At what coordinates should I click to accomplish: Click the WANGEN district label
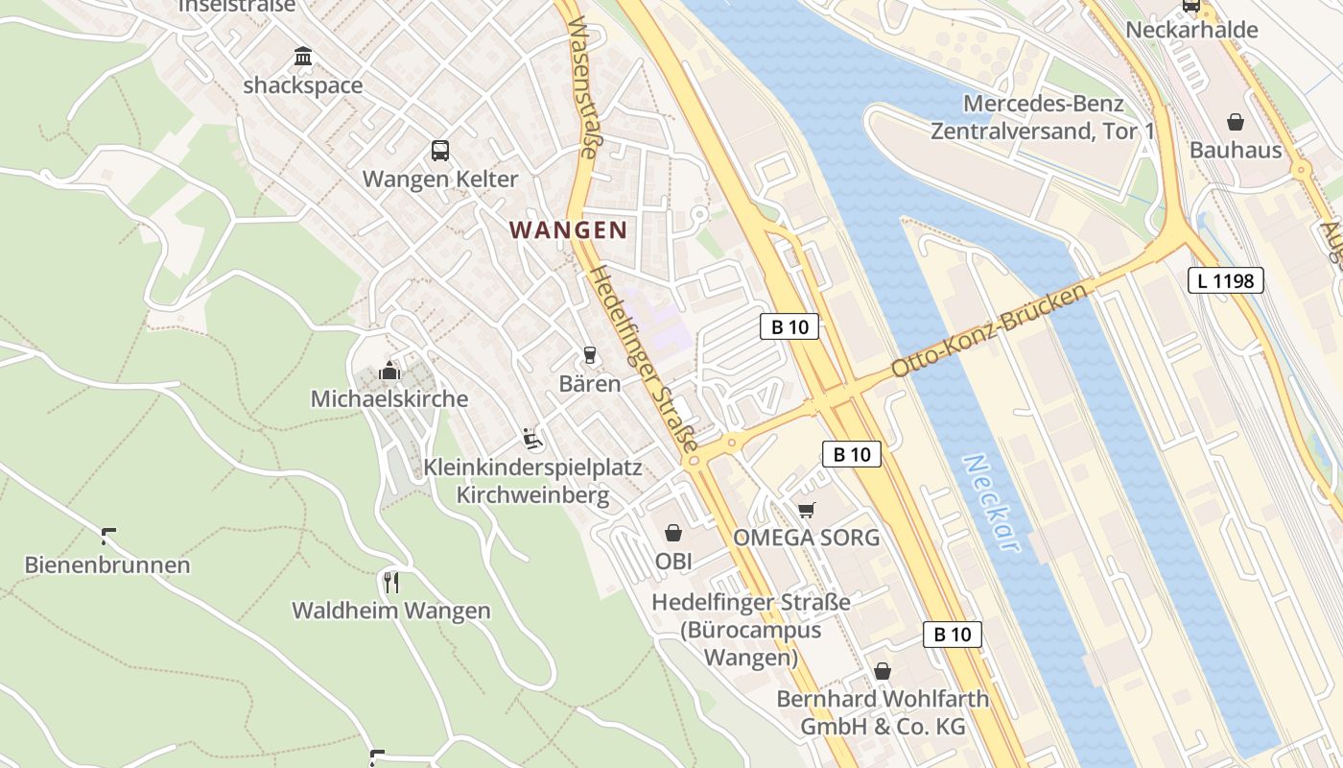(x=568, y=230)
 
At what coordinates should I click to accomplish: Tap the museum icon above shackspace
(x=303, y=57)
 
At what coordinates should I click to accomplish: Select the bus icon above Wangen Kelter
(x=440, y=150)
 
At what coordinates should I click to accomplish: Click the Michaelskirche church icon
(x=389, y=370)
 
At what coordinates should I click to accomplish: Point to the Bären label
(x=590, y=384)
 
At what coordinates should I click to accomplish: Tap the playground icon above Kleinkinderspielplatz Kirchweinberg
(x=533, y=439)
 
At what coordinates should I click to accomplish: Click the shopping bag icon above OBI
(x=673, y=533)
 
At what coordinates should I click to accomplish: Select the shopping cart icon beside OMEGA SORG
(x=807, y=510)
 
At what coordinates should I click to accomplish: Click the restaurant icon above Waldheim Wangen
(x=390, y=582)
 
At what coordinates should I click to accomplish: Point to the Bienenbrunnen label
(x=107, y=564)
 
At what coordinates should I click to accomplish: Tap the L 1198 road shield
(x=1225, y=280)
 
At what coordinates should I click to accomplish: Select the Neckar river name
(x=991, y=502)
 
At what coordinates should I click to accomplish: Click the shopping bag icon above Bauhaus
(x=1236, y=122)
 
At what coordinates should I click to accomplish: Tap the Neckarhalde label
(x=1191, y=30)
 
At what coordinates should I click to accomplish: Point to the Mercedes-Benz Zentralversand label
(x=1043, y=117)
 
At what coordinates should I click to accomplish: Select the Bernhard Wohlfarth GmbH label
(x=883, y=712)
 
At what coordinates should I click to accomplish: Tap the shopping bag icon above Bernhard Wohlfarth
(x=882, y=671)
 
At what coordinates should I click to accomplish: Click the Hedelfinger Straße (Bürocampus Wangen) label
(x=751, y=630)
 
